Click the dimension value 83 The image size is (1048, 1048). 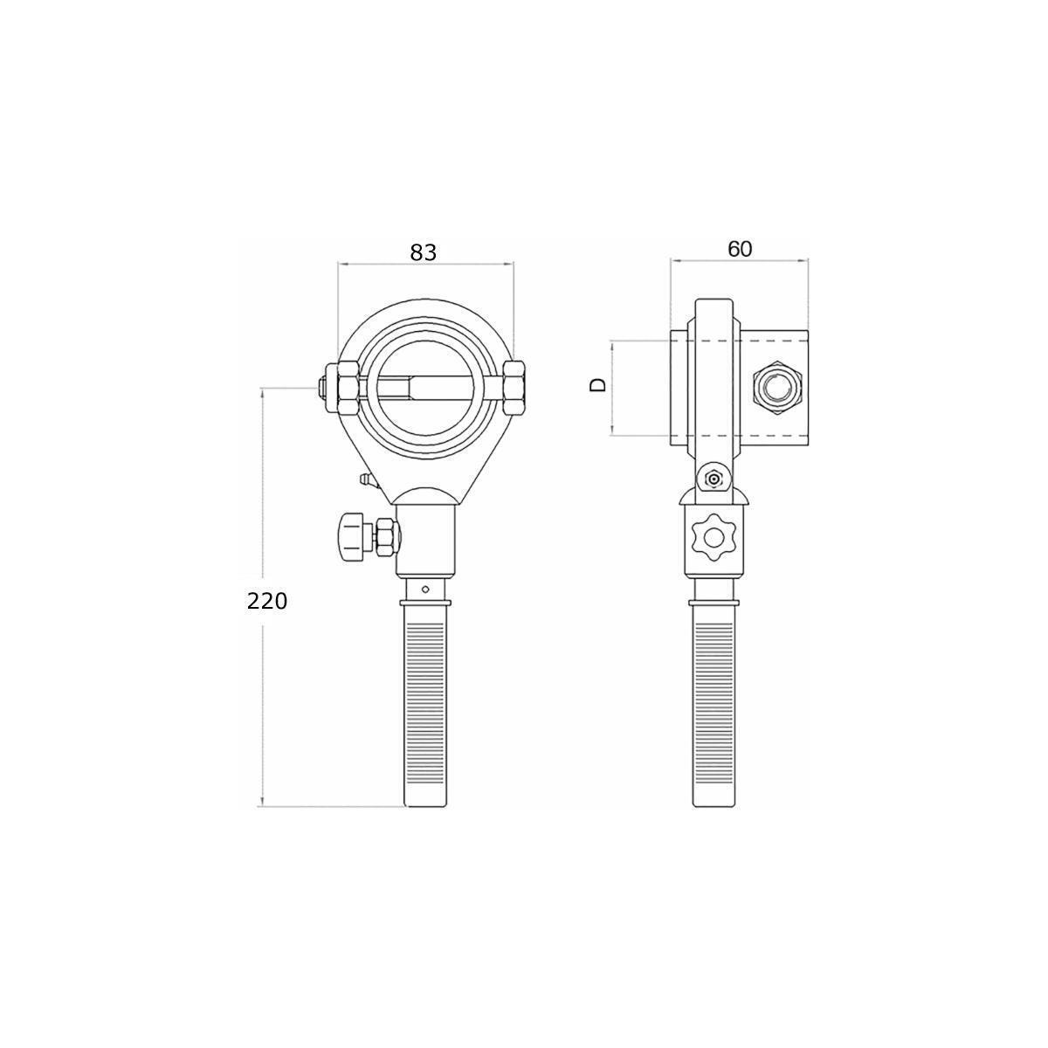[x=423, y=252]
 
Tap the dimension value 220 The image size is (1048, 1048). [x=266, y=602]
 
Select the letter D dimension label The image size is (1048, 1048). [x=597, y=385]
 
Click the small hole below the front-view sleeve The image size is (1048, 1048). [x=426, y=588]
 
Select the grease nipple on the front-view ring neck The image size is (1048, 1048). [x=367, y=480]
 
